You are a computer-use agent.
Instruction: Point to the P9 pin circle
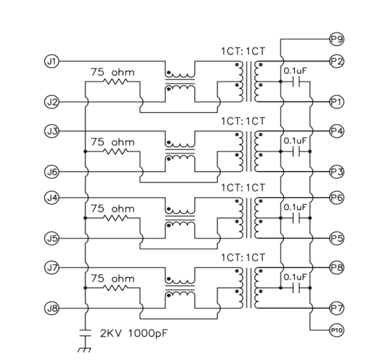(x=336, y=39)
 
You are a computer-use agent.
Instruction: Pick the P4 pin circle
(x=336, y=130)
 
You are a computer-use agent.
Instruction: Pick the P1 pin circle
(x=336, y=102)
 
